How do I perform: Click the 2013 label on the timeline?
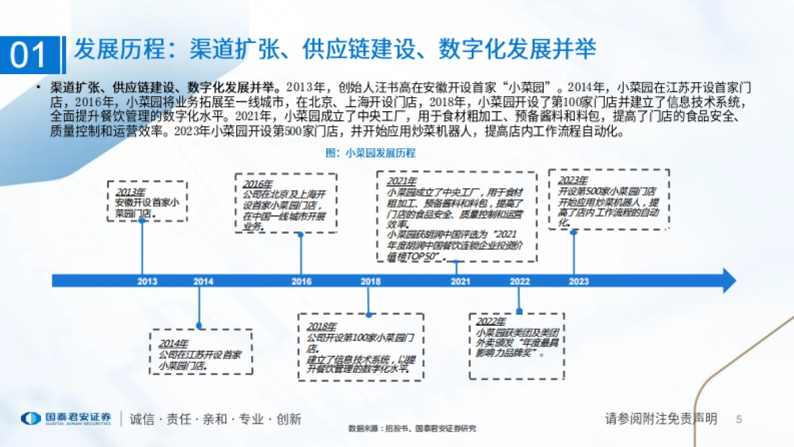point(148,281)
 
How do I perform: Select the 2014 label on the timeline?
point(203,281)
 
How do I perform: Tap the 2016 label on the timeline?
point(301,281)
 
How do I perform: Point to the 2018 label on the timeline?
point(371,281)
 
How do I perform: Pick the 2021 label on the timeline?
point(461,281)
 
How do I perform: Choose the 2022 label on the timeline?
point(520,281)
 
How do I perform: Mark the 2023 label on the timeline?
point(578,281)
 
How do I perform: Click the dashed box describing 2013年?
point(148,201)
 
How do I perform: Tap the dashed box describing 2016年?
point(286,203)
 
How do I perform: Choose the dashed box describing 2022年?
point(518,339)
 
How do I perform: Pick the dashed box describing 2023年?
point(609,199)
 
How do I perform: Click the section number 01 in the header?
point(30,55)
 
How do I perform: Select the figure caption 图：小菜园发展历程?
point(371,153)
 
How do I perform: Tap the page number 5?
point(739,419)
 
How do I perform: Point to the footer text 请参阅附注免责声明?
point(661,419)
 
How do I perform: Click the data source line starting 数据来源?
point(412,429)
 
